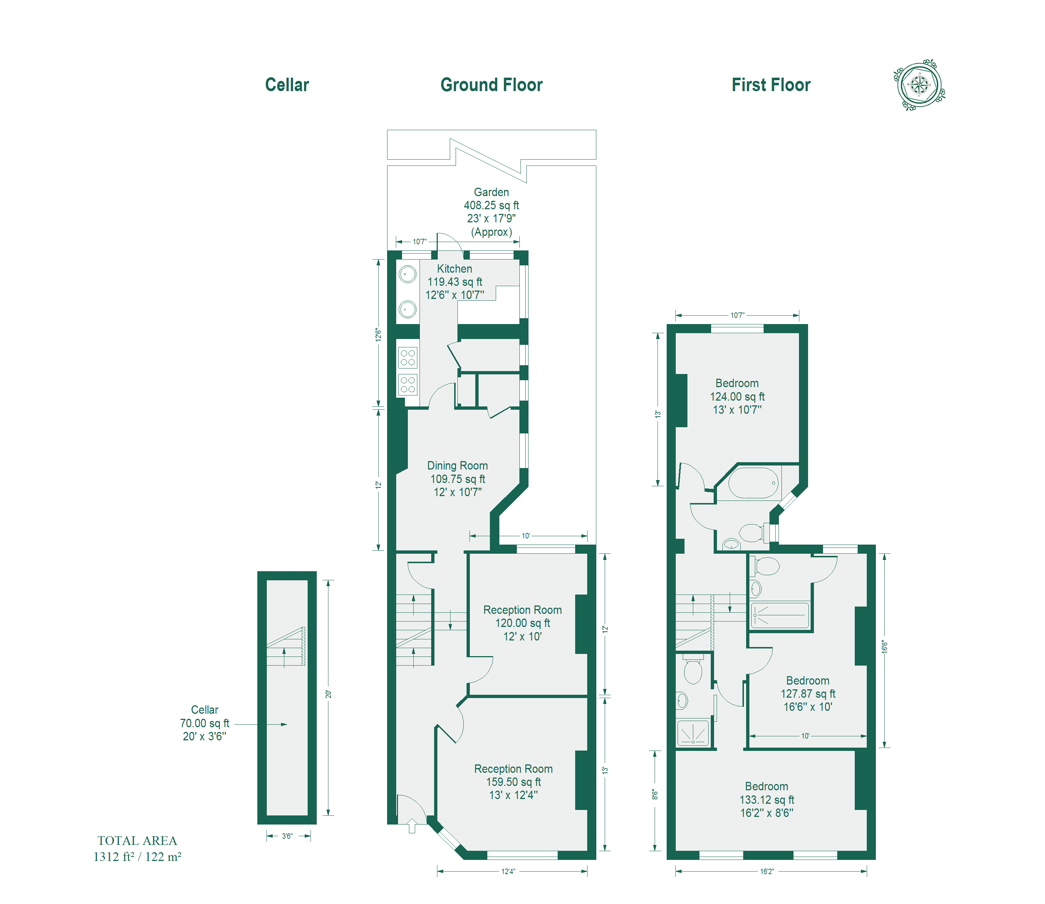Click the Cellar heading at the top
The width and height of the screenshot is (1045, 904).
coord(287,85)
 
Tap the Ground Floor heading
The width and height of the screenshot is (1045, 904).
coord(491,85)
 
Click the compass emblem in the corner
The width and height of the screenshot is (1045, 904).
coord(919,85)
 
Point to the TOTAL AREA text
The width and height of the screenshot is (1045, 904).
coord(137,841)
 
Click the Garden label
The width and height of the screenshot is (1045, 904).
coord(491,192)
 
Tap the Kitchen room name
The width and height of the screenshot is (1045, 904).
coord(455,269)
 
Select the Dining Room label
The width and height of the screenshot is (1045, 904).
coord(457,465)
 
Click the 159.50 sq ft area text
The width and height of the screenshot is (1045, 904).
coord(514,782)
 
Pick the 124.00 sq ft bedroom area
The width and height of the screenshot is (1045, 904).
coord(737,397)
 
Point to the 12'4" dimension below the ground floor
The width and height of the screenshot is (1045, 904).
coord(508,871)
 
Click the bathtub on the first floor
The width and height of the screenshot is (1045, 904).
coord(753,483)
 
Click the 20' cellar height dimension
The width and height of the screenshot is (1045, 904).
coord(328,694)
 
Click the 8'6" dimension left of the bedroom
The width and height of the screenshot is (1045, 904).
coord(655,795)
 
